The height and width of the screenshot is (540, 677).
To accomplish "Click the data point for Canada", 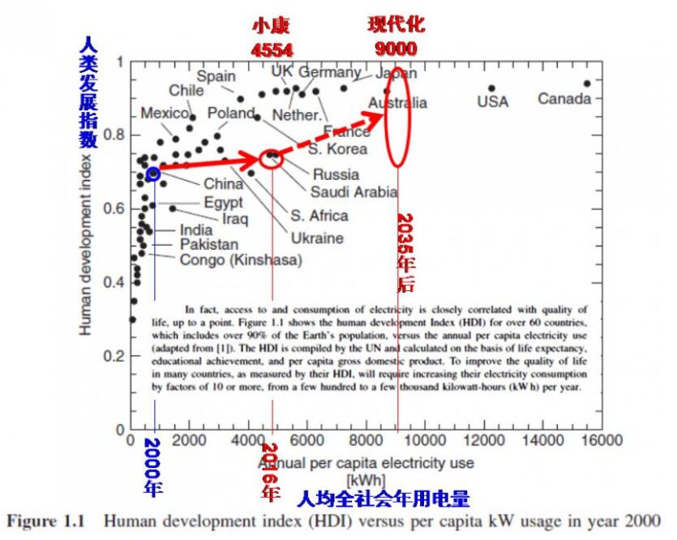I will pyautogui.click(x=587, y=83).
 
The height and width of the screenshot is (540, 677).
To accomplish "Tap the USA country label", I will pyautogui.click(x=492, y=101).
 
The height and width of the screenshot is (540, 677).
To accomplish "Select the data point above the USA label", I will pyautogui.click(x=491, y=88).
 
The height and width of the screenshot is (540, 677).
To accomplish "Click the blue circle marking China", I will pyautogui.click(x=152, y=173).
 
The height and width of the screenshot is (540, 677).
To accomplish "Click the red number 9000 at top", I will pyautogui.click(x=396, y=49).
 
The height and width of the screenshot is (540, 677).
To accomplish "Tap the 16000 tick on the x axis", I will pyautogui.click(x=601, y=440).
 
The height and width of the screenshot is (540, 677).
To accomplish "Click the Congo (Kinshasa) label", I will pyautogui.click(x=241, y=260).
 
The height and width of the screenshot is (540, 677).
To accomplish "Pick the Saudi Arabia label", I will pyautogui.click(x=353, y=191).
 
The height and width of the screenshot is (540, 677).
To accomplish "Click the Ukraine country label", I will pyautogui.click(x=318, y=238).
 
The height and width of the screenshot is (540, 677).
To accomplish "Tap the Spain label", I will pyautogui.click(x=216, y=76).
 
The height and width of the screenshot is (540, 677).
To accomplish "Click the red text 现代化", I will pyautogui.click(x=396, y=24).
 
